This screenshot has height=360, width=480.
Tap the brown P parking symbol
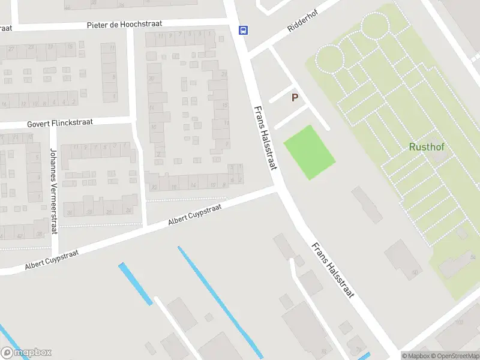295,97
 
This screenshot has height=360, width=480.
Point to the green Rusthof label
426,146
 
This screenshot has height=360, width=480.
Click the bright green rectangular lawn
308,152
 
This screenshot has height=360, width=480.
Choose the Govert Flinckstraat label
60,123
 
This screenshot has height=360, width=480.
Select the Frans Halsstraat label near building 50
334,271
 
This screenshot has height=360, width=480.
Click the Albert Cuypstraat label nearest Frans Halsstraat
195,214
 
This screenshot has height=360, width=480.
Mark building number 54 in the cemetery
473,257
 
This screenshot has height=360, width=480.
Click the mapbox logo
26,353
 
